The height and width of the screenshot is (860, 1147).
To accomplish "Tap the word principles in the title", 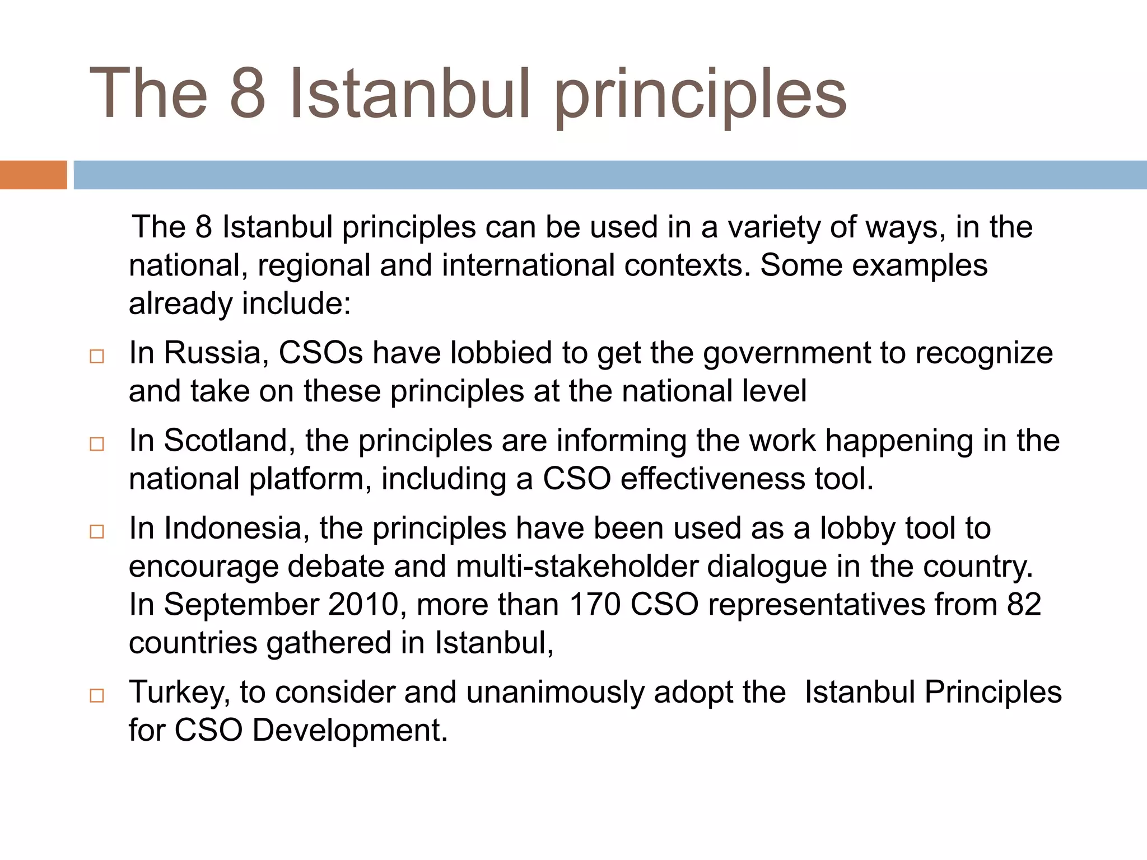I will pos(701,95).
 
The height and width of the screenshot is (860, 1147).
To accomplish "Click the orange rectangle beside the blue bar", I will pos(33,175).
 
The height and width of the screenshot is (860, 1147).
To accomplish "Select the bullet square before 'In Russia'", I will pos(97,357).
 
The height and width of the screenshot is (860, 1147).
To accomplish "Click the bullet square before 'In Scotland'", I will pos(97,445).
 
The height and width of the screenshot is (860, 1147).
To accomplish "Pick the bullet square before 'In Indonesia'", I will pos(97,532).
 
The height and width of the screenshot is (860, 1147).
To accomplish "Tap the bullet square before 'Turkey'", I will pos(97,696).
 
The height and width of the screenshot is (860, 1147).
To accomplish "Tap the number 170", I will pos(595,605).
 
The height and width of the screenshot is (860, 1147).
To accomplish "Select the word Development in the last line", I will pos(350,731).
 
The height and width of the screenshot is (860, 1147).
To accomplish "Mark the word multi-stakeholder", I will pos(577,567).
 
